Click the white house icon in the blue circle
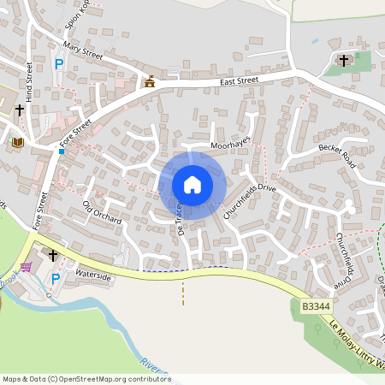(x=192, y=185)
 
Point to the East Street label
(x=239, y=81)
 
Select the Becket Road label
(x=336, y=155)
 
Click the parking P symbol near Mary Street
(x=59, y=63)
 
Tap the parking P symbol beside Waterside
(x=56, y=279)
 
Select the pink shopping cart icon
(x=26, y=267)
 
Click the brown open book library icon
(x=17, y=142)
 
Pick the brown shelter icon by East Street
(x=150, y=81)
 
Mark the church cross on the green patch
(x=345, y=60)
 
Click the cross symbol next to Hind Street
(x=19, y=110)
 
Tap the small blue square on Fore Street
(x=62, y=151)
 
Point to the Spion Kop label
(x=78, y=15)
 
